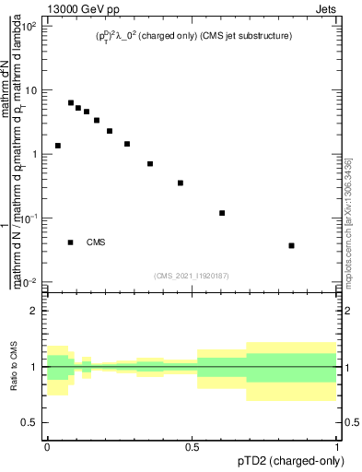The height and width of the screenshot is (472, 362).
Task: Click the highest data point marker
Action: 71,103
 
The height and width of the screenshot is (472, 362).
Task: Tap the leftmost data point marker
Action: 58,146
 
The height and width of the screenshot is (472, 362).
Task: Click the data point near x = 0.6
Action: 222,213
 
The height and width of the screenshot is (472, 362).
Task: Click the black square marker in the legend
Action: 71,242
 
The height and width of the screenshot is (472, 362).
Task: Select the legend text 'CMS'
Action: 96,242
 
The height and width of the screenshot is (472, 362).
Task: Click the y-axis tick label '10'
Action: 31,90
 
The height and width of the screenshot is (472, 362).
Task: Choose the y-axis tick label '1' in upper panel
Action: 36,154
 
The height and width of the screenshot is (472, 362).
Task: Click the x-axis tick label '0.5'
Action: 193,445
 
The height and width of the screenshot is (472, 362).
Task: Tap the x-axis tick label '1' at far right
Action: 338,445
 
